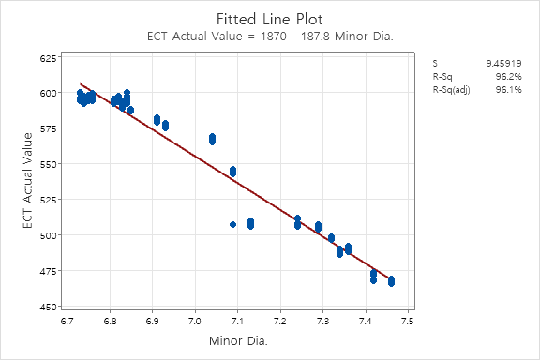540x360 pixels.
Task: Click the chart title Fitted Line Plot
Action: (x=270, y=18)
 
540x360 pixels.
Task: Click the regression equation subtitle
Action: (x=270, y=37)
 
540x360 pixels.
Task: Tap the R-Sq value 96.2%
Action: (x=508, y=76)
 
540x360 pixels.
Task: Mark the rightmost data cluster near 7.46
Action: (x=391, y=281)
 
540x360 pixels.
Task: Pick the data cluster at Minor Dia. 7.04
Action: (x=213, y=139)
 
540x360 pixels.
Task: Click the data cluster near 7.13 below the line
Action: (x=250, y=223)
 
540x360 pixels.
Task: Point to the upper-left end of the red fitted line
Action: (x=81, y=83)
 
